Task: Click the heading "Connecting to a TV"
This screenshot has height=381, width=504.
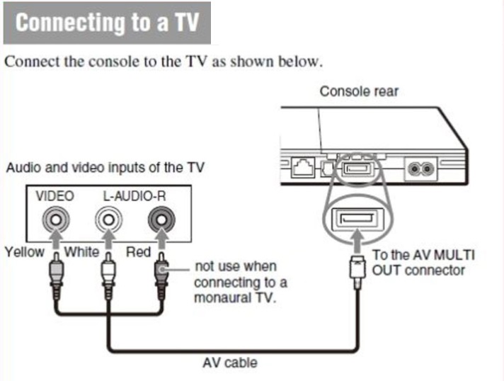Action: pos(106,23)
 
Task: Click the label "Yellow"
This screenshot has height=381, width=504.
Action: pos(23,251)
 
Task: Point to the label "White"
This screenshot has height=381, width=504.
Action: pos(82,251)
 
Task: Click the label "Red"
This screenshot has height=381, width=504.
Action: pos(139,251)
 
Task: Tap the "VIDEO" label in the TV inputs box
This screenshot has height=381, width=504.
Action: pos(55,195)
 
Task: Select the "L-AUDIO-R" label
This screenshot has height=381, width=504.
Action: pos(132,195)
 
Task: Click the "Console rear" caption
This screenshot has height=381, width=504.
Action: pos(359,91)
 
